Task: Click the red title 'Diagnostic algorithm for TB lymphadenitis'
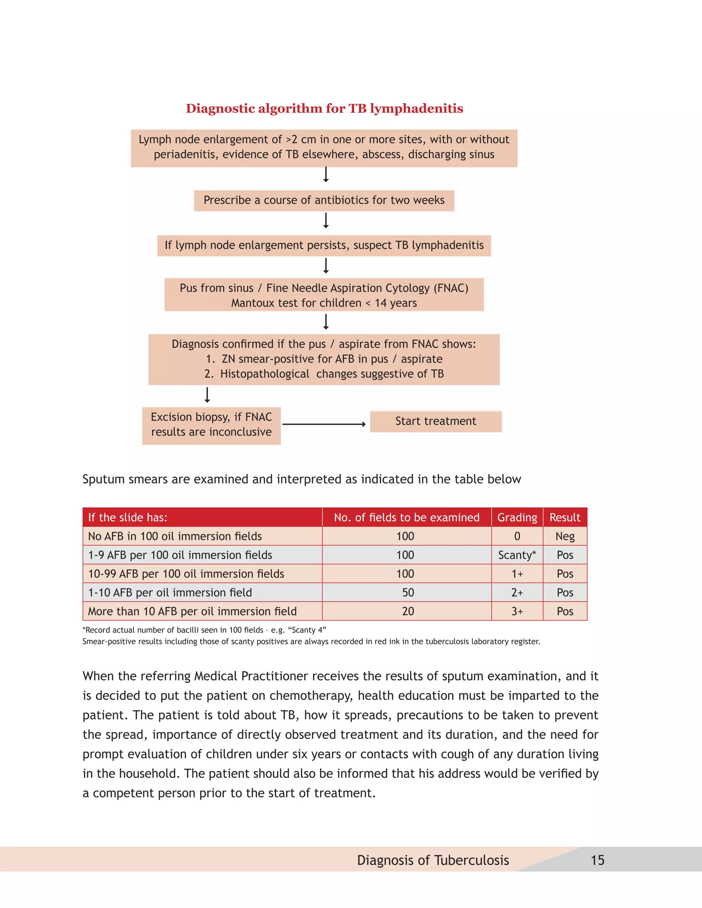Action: [x=324, y=109]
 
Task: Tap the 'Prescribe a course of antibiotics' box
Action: [x=324, y=200]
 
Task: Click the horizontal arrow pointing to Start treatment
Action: [x=324, y=424]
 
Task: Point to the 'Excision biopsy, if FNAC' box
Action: [x=211, y=425]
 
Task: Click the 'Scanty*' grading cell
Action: [x=517, y=555]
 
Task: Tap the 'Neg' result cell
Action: [x=565, y=536]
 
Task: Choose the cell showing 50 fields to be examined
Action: [x=408, y=592]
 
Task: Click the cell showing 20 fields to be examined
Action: [x=408, y=611]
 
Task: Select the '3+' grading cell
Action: [x=517, y=611]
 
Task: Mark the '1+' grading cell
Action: [x=517, y=574]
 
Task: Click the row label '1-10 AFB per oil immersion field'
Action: [x=170, y=592]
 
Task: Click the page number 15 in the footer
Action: [x=597, y=860]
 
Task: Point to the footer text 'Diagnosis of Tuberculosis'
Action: [x=433, y=860]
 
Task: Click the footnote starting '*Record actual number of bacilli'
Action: [x=204, y=630]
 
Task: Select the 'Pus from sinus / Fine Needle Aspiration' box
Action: [x=324, y=295]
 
